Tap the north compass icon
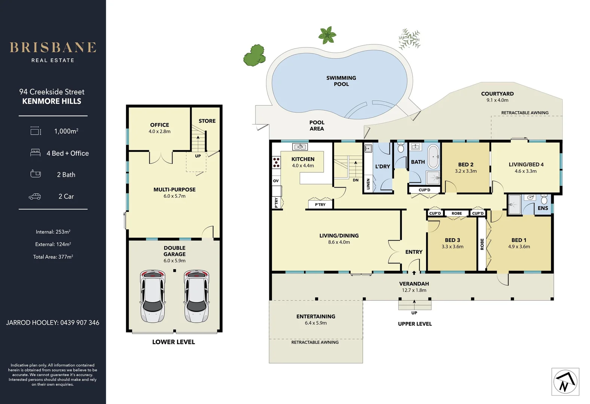click(565, 382)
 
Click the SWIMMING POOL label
click(341, 81)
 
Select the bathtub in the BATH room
click(433, 156)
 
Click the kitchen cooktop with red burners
click(276, 162)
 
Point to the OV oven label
click(276, 181)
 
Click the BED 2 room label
click(466, 165)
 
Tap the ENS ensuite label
click(542, 208)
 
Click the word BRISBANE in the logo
click(53, 48)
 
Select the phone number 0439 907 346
click(80, 322)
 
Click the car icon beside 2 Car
click(35, 196)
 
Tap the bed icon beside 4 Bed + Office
click(35, 153)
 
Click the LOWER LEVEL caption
click(173, 342)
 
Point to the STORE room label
click(207, 121)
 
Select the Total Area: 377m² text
click(53, 257)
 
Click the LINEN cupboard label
click(368, 184)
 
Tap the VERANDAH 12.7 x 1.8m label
click(414, 287)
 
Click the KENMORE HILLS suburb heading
click(52, 101)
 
